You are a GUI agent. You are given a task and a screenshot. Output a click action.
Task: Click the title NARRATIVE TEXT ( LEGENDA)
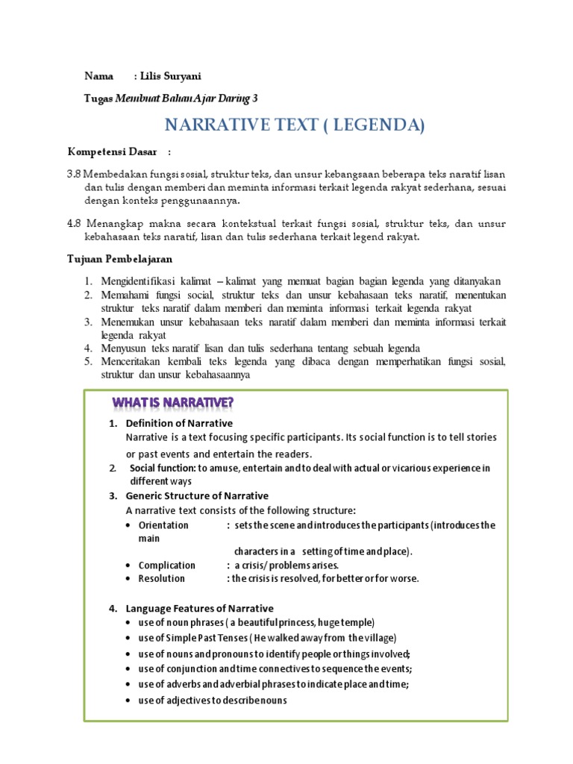tap(294, 125)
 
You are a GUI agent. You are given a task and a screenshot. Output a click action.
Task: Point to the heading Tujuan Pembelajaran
tap(120, 259)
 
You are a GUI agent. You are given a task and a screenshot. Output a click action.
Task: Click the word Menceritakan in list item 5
tap(131, 362)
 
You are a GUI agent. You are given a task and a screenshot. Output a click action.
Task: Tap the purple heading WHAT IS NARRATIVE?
tap(172, 404)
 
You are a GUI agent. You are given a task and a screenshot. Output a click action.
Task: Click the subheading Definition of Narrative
tap(179, 423)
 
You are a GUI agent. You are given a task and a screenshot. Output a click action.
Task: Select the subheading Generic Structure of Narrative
tap(197, 495)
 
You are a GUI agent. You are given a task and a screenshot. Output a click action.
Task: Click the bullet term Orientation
tap(163, 525)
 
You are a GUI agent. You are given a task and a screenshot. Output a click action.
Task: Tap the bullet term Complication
tap(167, 565)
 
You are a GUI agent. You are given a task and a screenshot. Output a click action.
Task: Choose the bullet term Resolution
tap(162, 578)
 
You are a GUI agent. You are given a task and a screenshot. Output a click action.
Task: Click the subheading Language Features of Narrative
tap(199, 608)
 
